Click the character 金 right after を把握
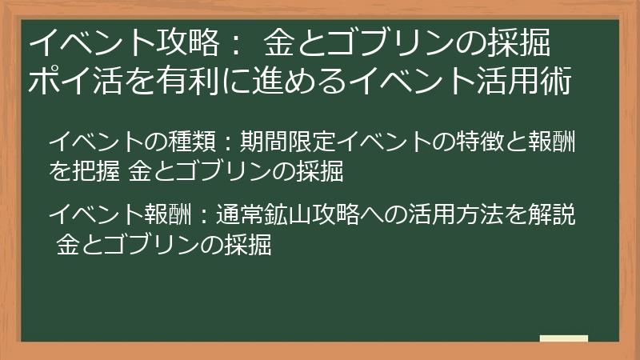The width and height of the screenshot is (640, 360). coord(140,170)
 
